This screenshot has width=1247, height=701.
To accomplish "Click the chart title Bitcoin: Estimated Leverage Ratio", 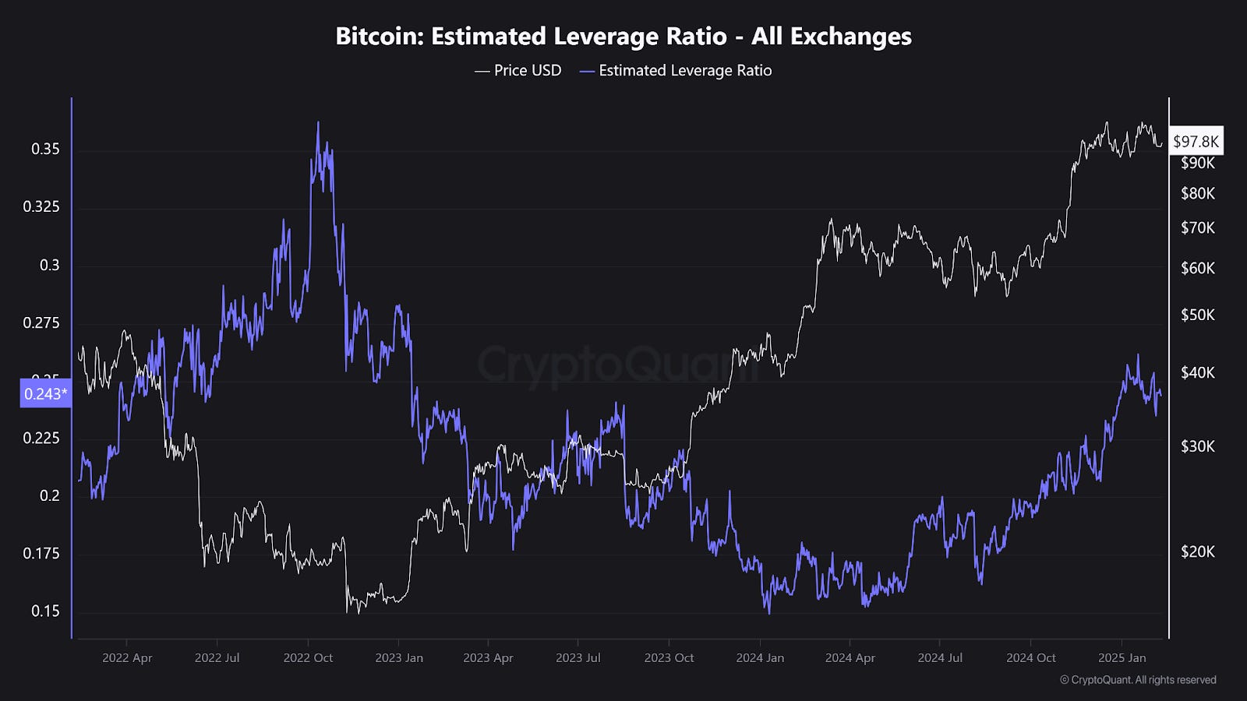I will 623,36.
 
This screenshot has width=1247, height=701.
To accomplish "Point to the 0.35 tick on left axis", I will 45,149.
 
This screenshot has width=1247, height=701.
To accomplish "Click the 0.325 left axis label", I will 41,207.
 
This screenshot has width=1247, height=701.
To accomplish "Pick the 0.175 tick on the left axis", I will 41,554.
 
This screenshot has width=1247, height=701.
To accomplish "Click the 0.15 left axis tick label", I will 45,611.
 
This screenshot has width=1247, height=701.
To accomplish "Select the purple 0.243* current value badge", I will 44,393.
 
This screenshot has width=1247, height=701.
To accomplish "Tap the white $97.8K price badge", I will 1196,141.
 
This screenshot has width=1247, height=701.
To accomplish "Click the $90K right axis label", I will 1197,164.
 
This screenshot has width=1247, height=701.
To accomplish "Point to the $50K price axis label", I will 1197,315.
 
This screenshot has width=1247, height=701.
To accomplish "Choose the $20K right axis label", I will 1197,552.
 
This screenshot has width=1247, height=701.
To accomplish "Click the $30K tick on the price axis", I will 1197,447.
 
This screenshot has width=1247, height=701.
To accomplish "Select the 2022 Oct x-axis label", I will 308,658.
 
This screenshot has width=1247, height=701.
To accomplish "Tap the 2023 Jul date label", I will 578,658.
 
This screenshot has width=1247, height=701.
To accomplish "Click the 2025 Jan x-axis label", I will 1122,658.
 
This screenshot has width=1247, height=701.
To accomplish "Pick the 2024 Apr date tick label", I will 850,658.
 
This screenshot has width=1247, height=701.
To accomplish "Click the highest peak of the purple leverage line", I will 318,123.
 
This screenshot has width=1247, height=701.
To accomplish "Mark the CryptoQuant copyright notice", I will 1138,680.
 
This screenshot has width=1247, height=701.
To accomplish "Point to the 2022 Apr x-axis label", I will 127,658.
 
